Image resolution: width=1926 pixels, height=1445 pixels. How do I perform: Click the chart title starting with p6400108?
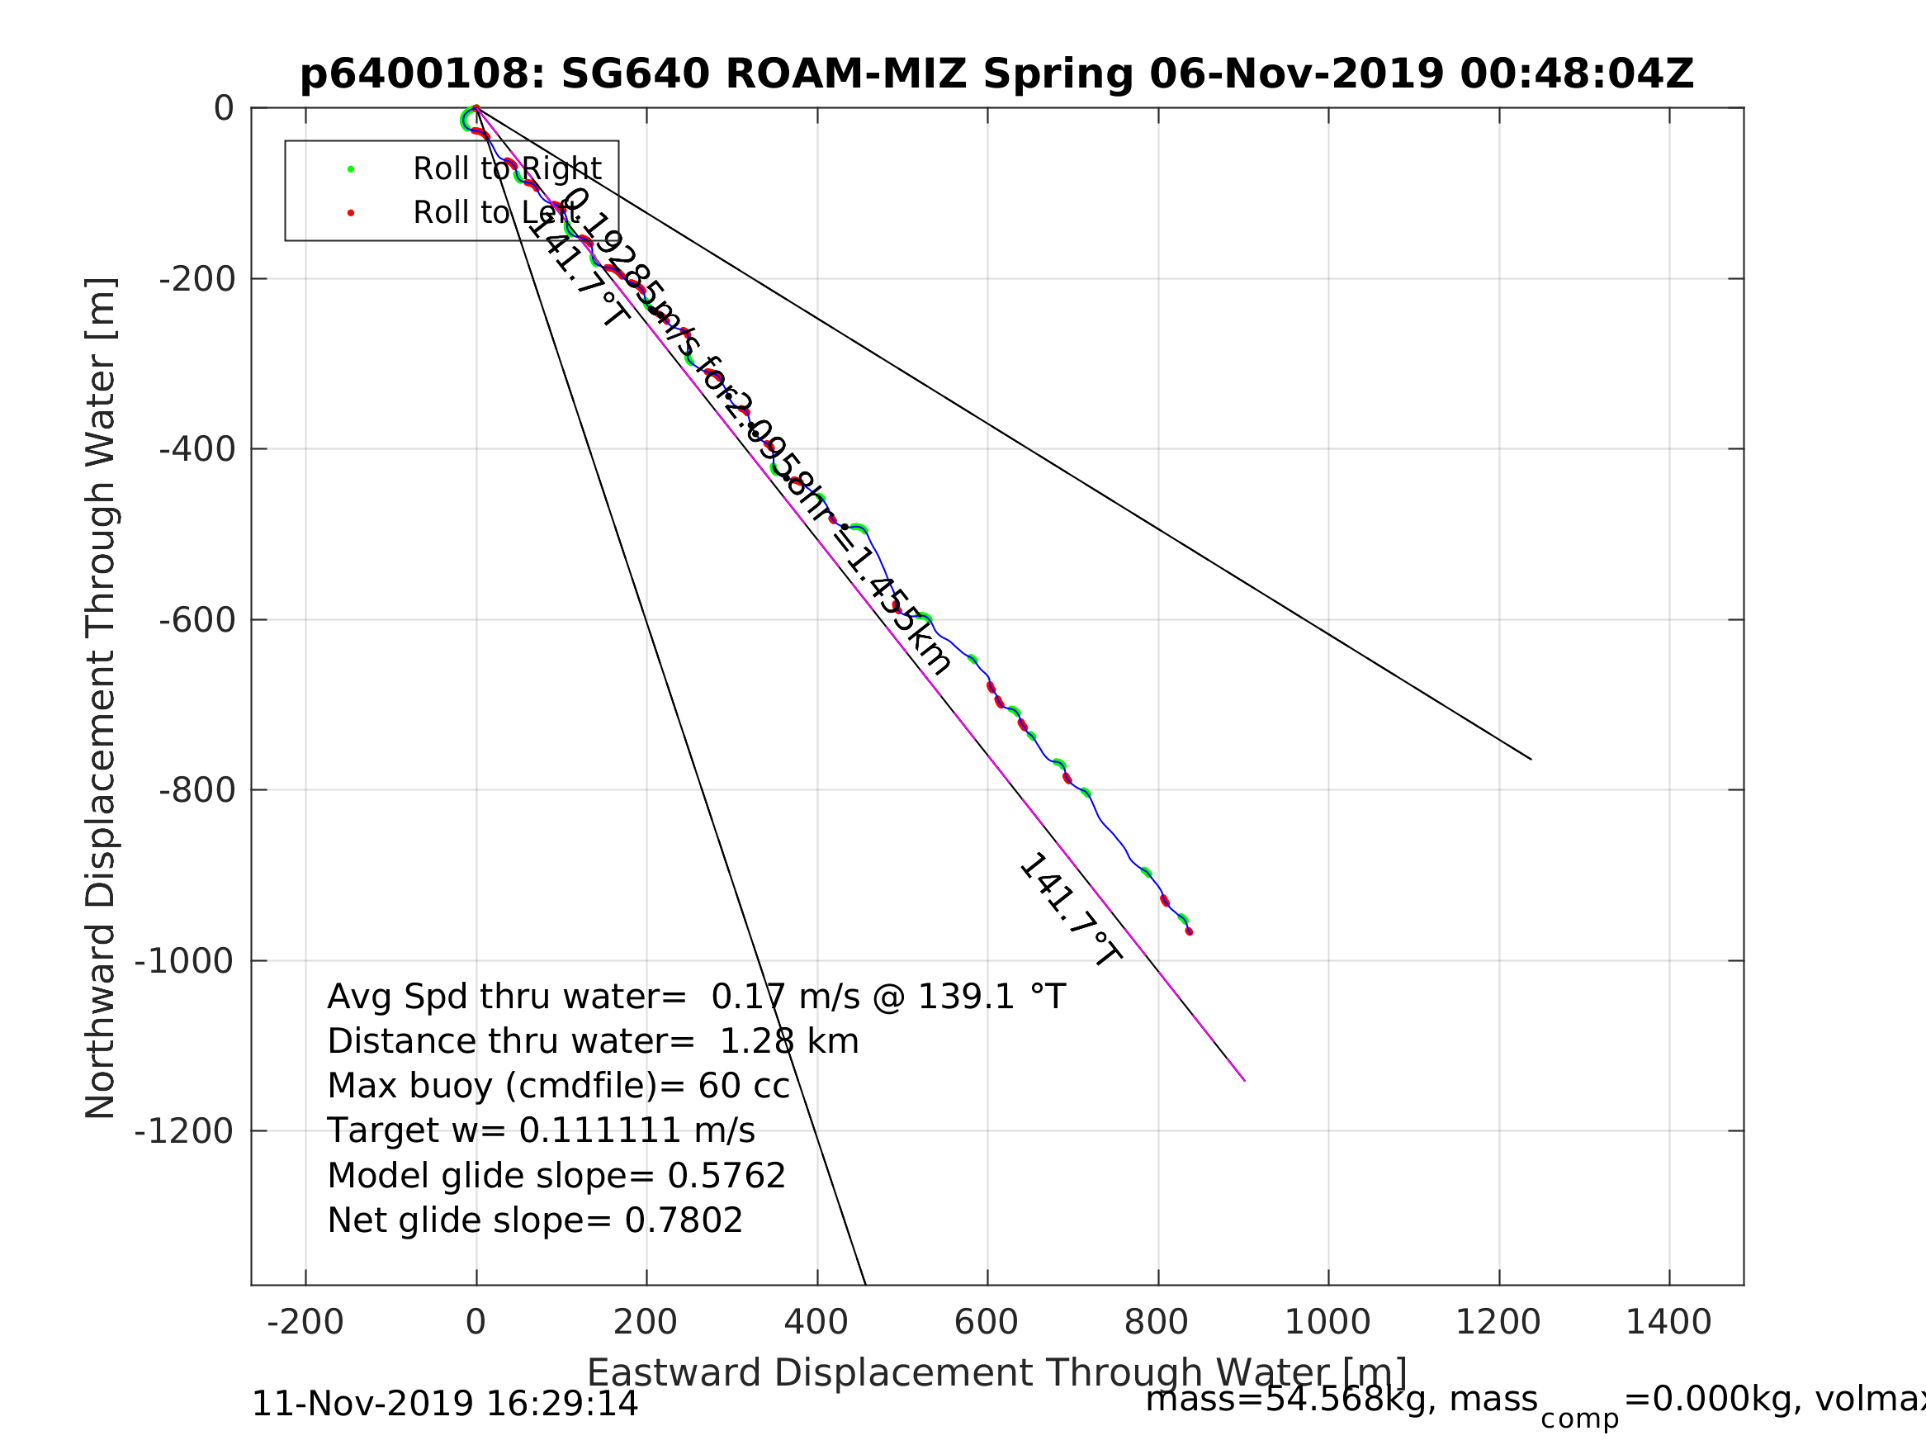tap(996, 75)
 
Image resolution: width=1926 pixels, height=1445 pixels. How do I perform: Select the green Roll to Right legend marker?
tap(351, 169)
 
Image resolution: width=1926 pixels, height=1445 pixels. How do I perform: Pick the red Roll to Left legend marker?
tap(351, 212)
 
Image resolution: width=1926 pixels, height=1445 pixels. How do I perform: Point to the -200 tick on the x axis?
tap(305, 1322)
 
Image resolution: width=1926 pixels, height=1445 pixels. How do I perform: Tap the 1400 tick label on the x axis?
tap(1668, 1322)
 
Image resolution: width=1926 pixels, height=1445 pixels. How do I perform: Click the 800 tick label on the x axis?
tap(1157, 1322)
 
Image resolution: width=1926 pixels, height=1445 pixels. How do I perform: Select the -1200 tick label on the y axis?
tap(184, 1130)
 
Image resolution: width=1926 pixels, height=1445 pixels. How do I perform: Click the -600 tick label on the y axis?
tap(196, 620)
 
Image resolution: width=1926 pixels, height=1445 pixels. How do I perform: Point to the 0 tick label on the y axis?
tap(224, 109)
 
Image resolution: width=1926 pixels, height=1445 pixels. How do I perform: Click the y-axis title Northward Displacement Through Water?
tap(101, 697)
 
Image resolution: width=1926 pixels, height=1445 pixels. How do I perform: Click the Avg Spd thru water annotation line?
tap(696, 997)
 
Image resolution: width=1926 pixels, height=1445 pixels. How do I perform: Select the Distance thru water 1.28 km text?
tap(593, 1042)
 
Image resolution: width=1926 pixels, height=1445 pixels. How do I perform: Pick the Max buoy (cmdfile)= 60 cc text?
tap(558, 1086)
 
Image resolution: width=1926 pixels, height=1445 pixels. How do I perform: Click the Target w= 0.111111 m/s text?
tap(541, 1130)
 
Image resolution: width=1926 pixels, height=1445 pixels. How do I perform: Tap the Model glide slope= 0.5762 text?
tap(556, 1176)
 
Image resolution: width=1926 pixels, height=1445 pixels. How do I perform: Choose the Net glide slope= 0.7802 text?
tap(535, 1220)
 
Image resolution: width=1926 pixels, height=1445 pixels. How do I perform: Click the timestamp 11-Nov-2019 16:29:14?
tap(444, 1404)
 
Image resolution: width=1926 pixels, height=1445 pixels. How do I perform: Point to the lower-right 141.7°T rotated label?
tap(1070, 910)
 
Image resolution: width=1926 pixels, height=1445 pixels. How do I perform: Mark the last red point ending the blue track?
tap(1190, 931)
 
